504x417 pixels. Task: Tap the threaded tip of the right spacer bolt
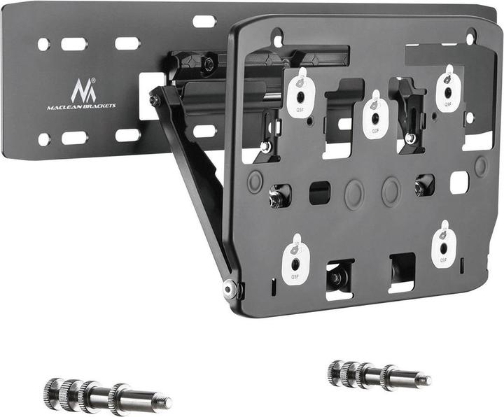422,380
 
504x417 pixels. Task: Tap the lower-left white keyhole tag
295,257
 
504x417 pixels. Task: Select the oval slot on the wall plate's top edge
204,22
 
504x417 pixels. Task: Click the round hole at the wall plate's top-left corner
43,44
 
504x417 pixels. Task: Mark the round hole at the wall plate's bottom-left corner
43,139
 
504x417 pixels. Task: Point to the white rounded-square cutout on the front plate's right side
459,183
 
